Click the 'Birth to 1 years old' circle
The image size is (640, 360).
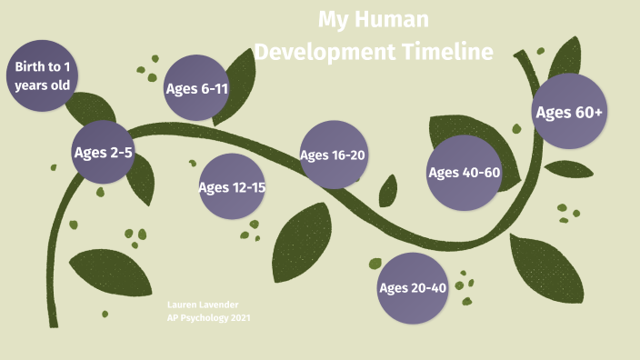click(x=43, y=75)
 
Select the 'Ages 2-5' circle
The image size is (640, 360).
click(x=103, y=153)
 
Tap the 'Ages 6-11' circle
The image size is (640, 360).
click(x=196, y=89)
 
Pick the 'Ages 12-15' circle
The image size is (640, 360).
click(x=232, y=187)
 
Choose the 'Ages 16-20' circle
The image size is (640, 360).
click(x=333, y=155)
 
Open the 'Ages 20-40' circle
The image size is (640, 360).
click(x=413, y=288)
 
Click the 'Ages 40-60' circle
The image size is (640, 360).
click(x=464, y=173)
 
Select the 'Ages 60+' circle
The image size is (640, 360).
click(x=569, y=113)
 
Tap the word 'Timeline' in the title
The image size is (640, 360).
click(x=447, y=52)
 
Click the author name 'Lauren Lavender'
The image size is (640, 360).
click(x=204, y=304)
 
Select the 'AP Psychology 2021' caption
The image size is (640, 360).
click(x=208, y=318)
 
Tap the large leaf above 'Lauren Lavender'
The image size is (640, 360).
click(x=110, y=273)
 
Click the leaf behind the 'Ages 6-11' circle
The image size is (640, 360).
click(x=238, y=86)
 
